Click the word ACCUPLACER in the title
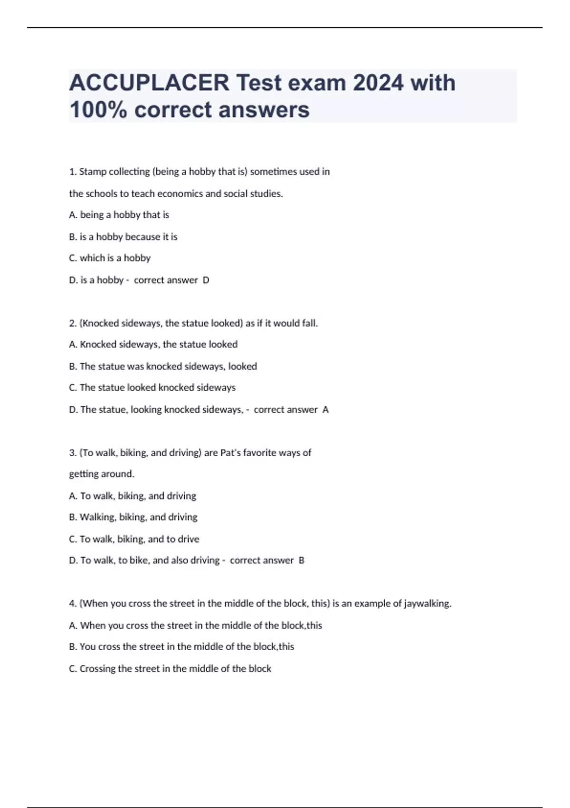pyautogui.click(x=149, y=83)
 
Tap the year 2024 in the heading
pyautogui.click(x=378, y=83)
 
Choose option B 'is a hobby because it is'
pyautogui.click(x=123, y=237)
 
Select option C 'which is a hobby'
pyautogui.click(x=110, y=258)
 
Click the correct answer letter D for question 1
pyautogui.click(x=206, y=280)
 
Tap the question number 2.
pyautogui.click(x=73, y=323)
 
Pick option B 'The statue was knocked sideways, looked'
pyautogui.click(x=163, y=366)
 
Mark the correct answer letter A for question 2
pyautogui.click(x=325, y=410)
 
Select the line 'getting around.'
pyautogui.click(x=102, y=474)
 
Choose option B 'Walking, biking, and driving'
pyautogui.click(x=133, y=517)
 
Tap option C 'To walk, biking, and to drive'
pyautogui.click(x=134, y=539)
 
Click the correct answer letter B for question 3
pyautogui.click(x=302, y=560)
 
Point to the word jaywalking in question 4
pyautogui.click(x=427, y=604)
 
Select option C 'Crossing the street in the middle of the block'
pyautogui.click(x=170, y=669)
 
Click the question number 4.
pyautogui.click(x=73, y=604)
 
